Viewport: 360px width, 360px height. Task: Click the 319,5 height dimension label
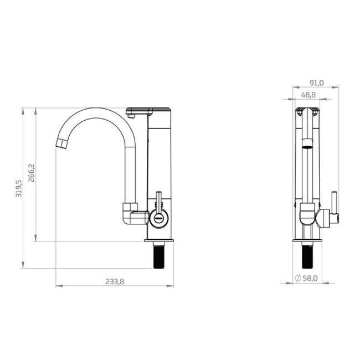coord(19,188)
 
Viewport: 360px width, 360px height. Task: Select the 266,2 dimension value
coord(31,173)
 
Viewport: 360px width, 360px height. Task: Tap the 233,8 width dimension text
coord(115,281)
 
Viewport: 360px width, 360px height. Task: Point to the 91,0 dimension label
coord(317,83)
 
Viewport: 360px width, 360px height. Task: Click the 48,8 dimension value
coord(308,95)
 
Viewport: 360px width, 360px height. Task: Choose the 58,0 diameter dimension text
coord(310,278)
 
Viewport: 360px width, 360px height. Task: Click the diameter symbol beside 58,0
coord(298,278)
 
